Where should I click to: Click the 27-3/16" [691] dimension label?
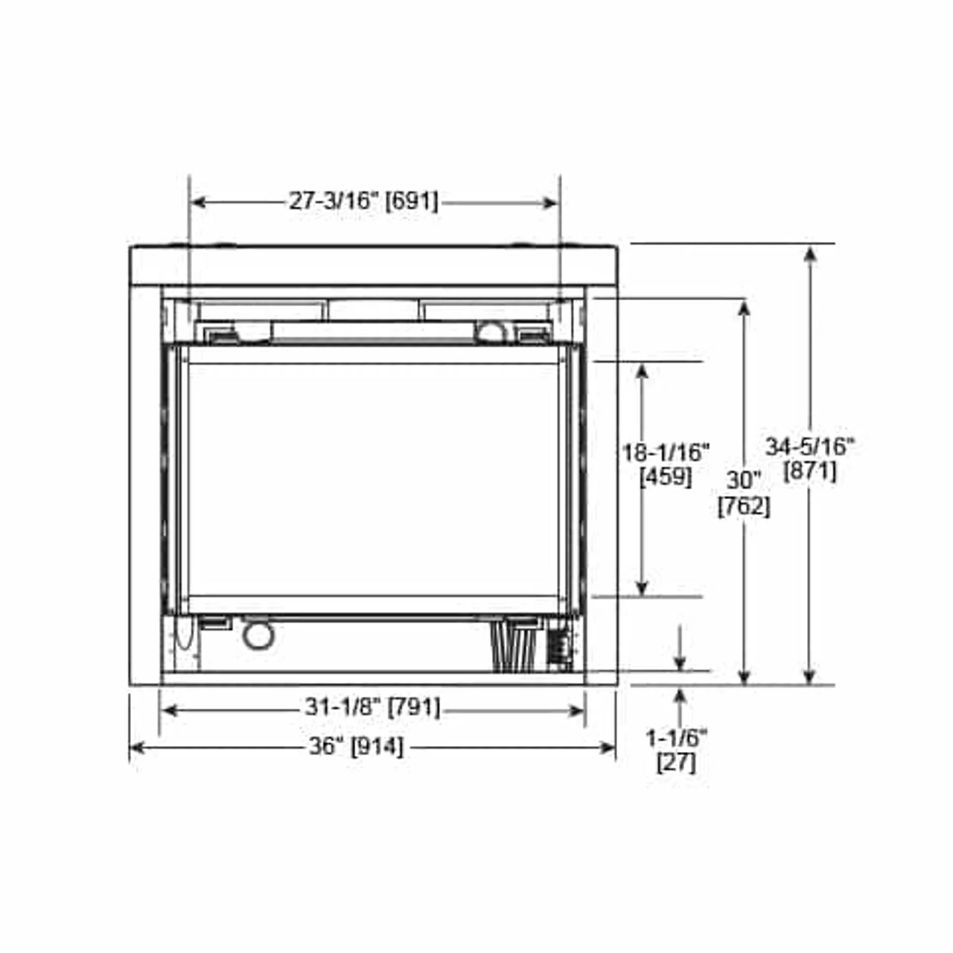click(363, 201)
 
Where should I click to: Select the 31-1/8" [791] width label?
click(372, 707)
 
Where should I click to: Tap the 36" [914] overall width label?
click(356, 745)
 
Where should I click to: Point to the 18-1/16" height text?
click(666, 451)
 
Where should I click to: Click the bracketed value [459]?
click(666, 476)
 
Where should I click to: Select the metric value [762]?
click(743, 506)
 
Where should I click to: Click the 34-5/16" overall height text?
click(810, 446)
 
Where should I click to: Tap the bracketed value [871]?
click(810, 471)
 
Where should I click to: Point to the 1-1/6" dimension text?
click(676, 738)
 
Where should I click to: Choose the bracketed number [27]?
click(676, 762)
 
